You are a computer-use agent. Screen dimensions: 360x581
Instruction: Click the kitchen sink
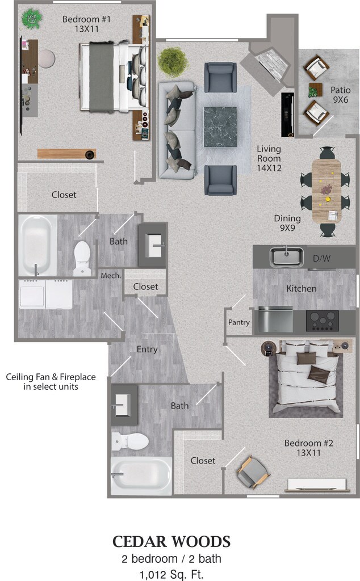tap(286, 256)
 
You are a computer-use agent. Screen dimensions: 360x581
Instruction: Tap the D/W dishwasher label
tap(321, 258)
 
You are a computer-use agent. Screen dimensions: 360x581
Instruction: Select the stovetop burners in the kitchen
tap(322, 321)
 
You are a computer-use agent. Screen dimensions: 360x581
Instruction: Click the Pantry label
tap(238, 322)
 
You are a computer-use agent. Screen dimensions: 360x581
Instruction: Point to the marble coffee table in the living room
tap(220, 127)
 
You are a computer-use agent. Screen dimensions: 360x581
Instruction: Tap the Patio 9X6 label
tap(340, 95)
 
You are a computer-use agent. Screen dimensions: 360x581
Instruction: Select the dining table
tap(326, 191)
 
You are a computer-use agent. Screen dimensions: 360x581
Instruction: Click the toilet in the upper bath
tap(82, 258)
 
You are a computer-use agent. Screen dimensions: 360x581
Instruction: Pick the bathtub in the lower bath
tap(141, 475)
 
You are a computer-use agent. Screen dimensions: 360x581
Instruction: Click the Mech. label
tap(111, 276)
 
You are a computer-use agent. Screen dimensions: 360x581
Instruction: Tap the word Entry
tap(147, 350)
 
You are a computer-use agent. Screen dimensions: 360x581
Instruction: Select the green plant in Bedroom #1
tap(31, 18)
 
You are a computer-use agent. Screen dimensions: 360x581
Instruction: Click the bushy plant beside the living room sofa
tap(173, 61)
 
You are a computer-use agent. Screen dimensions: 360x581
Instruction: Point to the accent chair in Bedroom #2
tap(252, 472)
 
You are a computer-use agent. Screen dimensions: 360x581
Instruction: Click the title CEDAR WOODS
tap(171, 542)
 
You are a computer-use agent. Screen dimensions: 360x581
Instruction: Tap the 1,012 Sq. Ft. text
tap(171, 574)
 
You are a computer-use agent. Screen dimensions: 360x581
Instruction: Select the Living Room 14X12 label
tap(269, 158)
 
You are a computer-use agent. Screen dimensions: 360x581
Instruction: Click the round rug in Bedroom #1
tap(47, 58)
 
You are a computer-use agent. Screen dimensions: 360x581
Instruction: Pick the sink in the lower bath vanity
tap(122, 405)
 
